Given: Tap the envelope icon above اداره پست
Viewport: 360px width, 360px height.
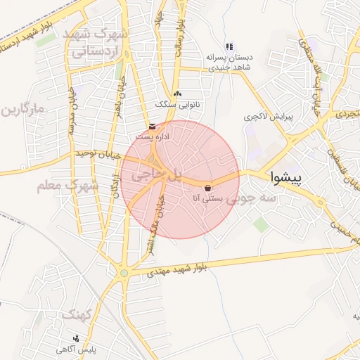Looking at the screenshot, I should [x=153, y=126].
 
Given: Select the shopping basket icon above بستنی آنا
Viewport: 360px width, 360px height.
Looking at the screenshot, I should [x=209, y=188].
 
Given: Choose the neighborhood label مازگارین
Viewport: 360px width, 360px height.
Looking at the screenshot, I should [x=22, y=110].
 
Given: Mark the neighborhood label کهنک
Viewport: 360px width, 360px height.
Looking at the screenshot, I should [x=77, y=315].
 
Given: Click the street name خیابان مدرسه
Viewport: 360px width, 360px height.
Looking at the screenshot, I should [x=71, y=111].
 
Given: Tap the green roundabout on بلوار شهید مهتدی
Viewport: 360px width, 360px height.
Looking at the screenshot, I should [x=124, y=273].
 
